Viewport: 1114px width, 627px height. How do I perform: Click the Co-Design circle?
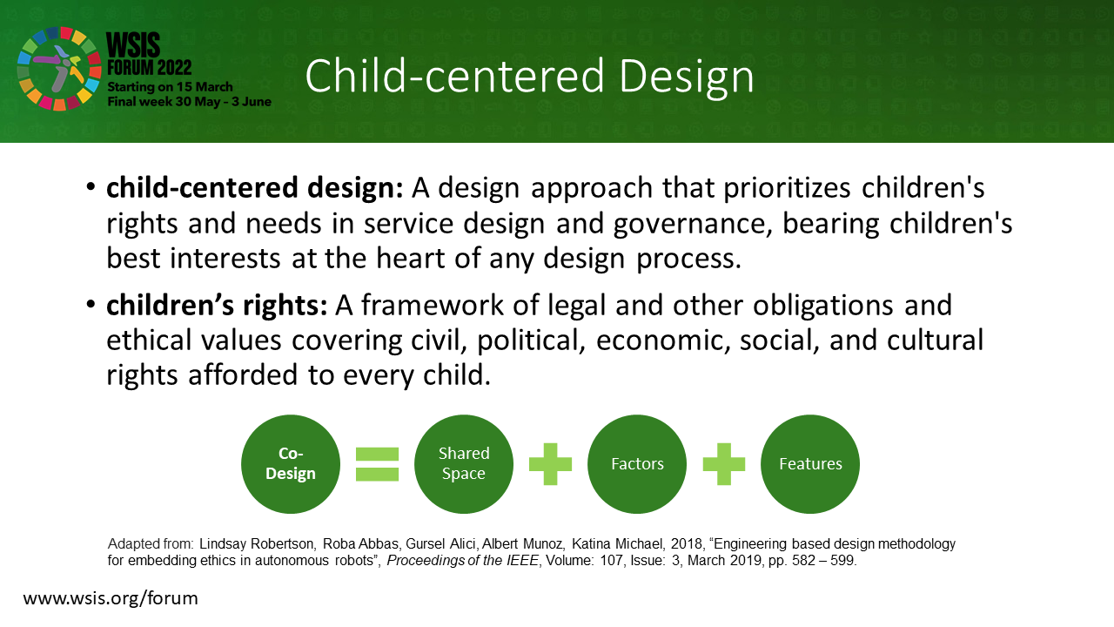click(x=291, y=464)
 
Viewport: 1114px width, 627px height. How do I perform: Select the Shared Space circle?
click(x=464, y=464)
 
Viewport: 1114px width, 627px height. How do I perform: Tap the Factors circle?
click(x=637, y=464)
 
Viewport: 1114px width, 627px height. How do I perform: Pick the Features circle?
click(x=810, y=464)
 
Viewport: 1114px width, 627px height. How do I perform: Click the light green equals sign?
click(x=377, y=464)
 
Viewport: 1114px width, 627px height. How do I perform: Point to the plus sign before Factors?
click(x=550, y=464)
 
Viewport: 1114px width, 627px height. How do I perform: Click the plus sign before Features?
click(x=723, y=464)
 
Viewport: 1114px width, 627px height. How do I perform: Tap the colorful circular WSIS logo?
click(x=59, y=69)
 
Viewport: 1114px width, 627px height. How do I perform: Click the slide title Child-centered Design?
click(x=530, y=76)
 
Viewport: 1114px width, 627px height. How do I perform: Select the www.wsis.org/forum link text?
click(x=111, y=598)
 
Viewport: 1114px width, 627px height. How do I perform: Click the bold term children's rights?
click(x=217, y=305)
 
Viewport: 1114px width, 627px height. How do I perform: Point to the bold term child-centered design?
click(x=255, y=188)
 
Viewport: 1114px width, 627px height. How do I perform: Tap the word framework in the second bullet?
click(x=433, y=305)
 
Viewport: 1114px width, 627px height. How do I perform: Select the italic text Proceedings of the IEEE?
click(x=462, y=561)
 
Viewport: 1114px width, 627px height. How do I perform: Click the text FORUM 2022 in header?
click(x=149, y=68)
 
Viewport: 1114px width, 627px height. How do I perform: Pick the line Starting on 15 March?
click(x=170, y=87)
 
